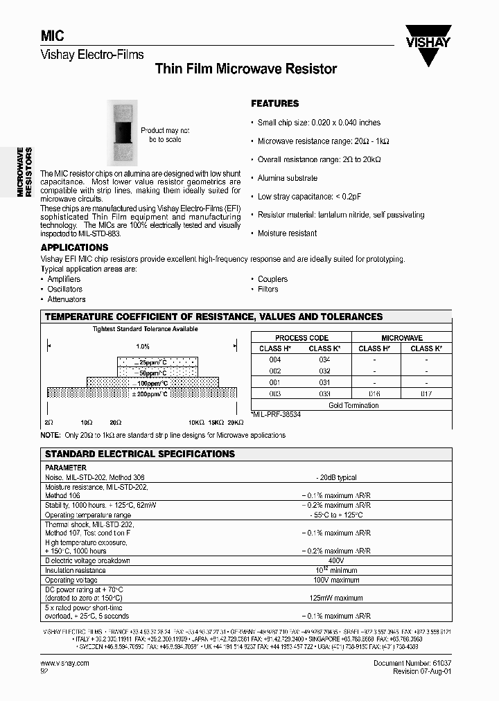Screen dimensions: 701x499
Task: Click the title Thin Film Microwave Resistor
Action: pos(246,69)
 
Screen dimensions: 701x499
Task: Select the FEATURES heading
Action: pos(274,103)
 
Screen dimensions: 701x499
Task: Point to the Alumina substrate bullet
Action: pos(287,178)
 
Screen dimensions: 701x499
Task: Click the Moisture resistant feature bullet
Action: pos(287,233)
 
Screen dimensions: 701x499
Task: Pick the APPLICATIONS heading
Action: pos(74,247)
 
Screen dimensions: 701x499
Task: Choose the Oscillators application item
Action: pos(64,290)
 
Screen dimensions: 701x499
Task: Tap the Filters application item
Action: pos(268,290)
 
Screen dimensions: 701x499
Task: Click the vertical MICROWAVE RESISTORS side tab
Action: pos(25,172)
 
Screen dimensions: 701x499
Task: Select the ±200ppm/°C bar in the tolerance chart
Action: pos(141,393)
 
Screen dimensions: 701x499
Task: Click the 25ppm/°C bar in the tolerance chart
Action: pos(156,362)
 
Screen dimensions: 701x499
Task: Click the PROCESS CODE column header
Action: pos(301,338)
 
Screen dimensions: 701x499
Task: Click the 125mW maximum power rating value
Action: pos(336,598)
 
